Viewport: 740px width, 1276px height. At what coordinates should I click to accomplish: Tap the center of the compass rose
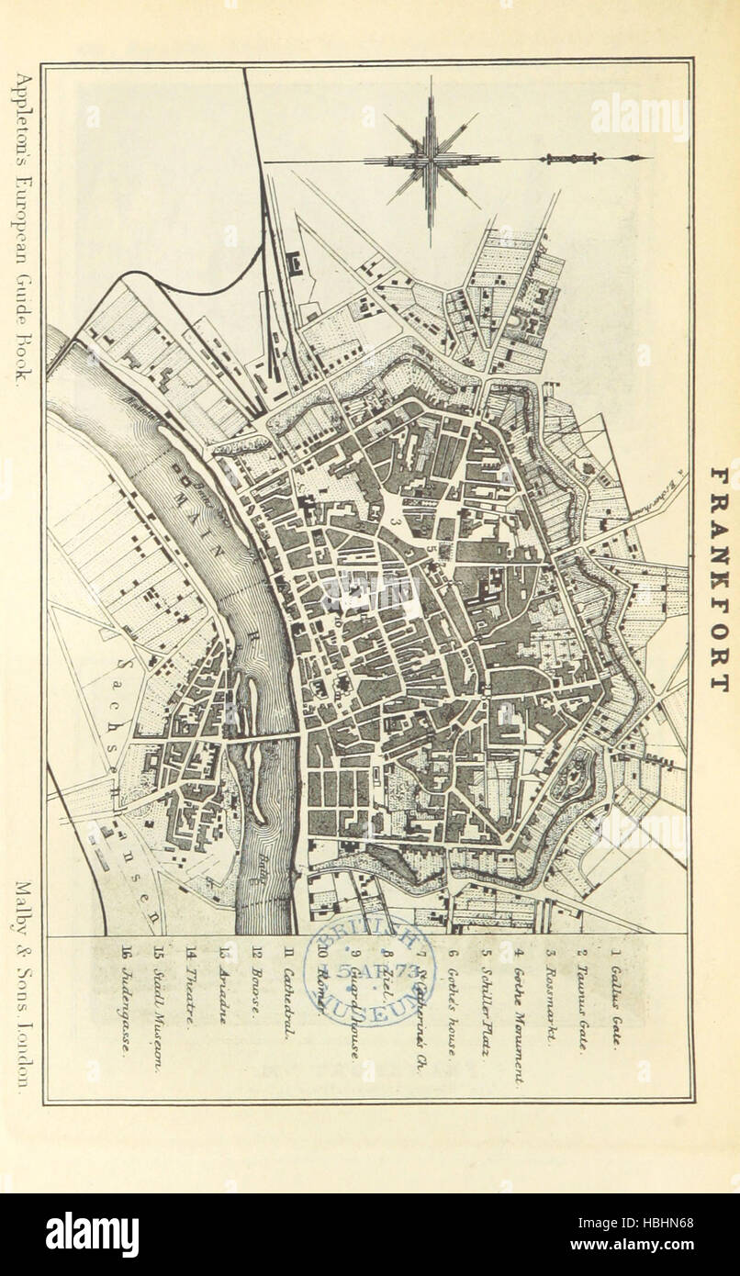point(430,160)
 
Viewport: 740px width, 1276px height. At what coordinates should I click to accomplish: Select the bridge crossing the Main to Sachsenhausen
point(264,736)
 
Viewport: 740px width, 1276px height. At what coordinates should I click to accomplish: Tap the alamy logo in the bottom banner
point(92,1234)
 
